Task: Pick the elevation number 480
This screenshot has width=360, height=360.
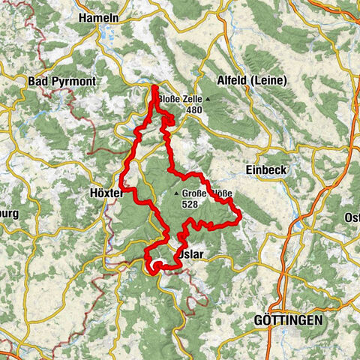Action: pyautogui.click(x=195, y=109)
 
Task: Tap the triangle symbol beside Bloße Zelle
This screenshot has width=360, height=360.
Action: pyautogui.click(x=208, y=98)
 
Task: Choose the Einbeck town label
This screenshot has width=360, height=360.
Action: pyautogui.click(x=265, y=169)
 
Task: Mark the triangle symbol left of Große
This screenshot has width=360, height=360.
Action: pyautogui.click(x=177, y=193)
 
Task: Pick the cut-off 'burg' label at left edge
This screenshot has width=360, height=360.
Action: pyautogui.click(x=9, y=214)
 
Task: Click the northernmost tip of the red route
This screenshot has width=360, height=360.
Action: pyautogui.click(x=154, y=88)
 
